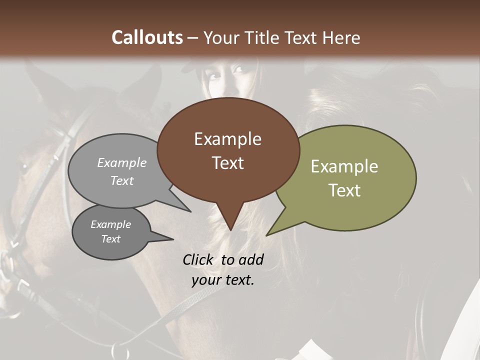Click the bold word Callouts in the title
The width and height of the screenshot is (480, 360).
click(147, 37)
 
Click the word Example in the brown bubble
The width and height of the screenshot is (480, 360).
click(227, 139)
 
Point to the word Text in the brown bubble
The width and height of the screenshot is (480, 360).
click(227, 162)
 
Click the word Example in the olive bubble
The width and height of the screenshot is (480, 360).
click(344, 166)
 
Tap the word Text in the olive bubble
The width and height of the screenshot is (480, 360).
click(344, 190)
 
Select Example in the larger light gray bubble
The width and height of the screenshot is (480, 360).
click(122, 162)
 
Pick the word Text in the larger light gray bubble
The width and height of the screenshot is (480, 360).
click(122, 180)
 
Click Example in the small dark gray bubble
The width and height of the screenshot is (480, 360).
click(110, 224)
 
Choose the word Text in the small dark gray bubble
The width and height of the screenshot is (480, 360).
click(110, 239)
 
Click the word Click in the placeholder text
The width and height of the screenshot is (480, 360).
click(199, 259)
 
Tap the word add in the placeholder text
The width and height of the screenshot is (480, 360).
click(251, 259)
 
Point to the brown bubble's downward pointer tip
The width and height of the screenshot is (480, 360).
click(230, 230)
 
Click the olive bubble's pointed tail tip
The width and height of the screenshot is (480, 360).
click(266, 235)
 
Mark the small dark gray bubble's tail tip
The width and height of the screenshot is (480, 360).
click(173, 239)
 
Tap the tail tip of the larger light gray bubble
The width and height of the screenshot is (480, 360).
click(191, 211)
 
